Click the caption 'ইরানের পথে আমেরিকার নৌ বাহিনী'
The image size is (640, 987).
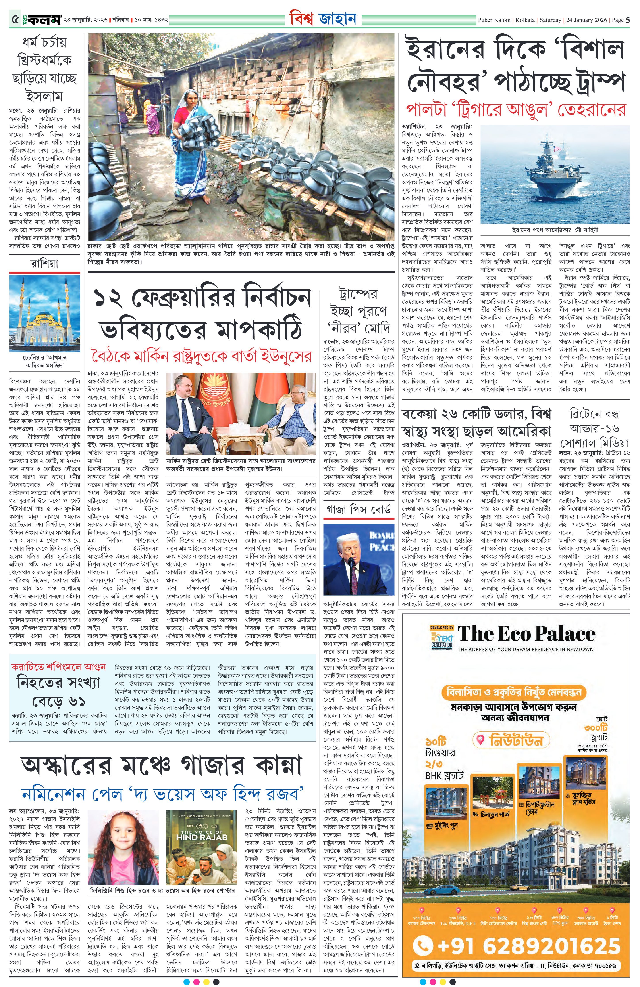coord(555,229)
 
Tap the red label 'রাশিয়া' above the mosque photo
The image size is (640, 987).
coord(44,264)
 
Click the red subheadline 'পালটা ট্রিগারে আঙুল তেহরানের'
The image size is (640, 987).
coord(515,110)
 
